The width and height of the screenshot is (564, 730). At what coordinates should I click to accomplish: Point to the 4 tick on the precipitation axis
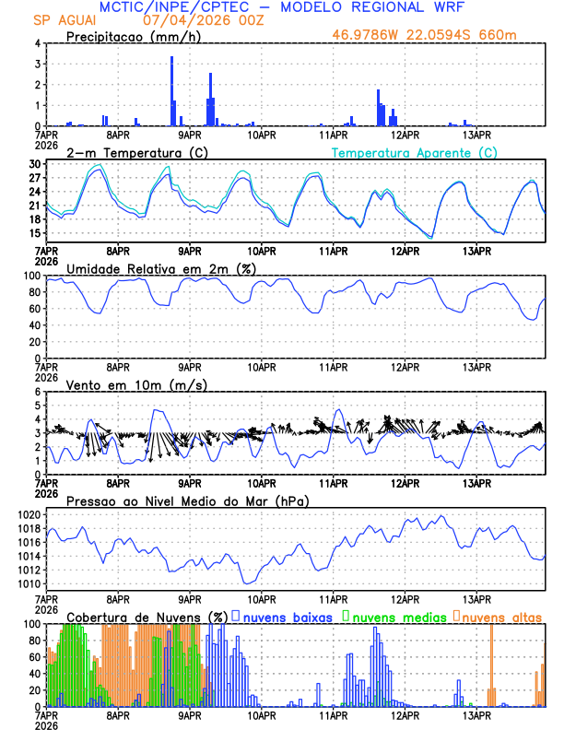click(x=37, y=43)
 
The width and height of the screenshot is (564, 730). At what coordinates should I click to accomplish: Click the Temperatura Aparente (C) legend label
click(x=414, y=152)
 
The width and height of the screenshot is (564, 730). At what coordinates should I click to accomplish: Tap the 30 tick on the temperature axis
click(x=35, y=164)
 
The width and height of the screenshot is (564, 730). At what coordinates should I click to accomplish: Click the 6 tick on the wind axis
click(x=37, y=392)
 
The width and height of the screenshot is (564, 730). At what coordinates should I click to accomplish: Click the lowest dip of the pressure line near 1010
click(x=247, y=583)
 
